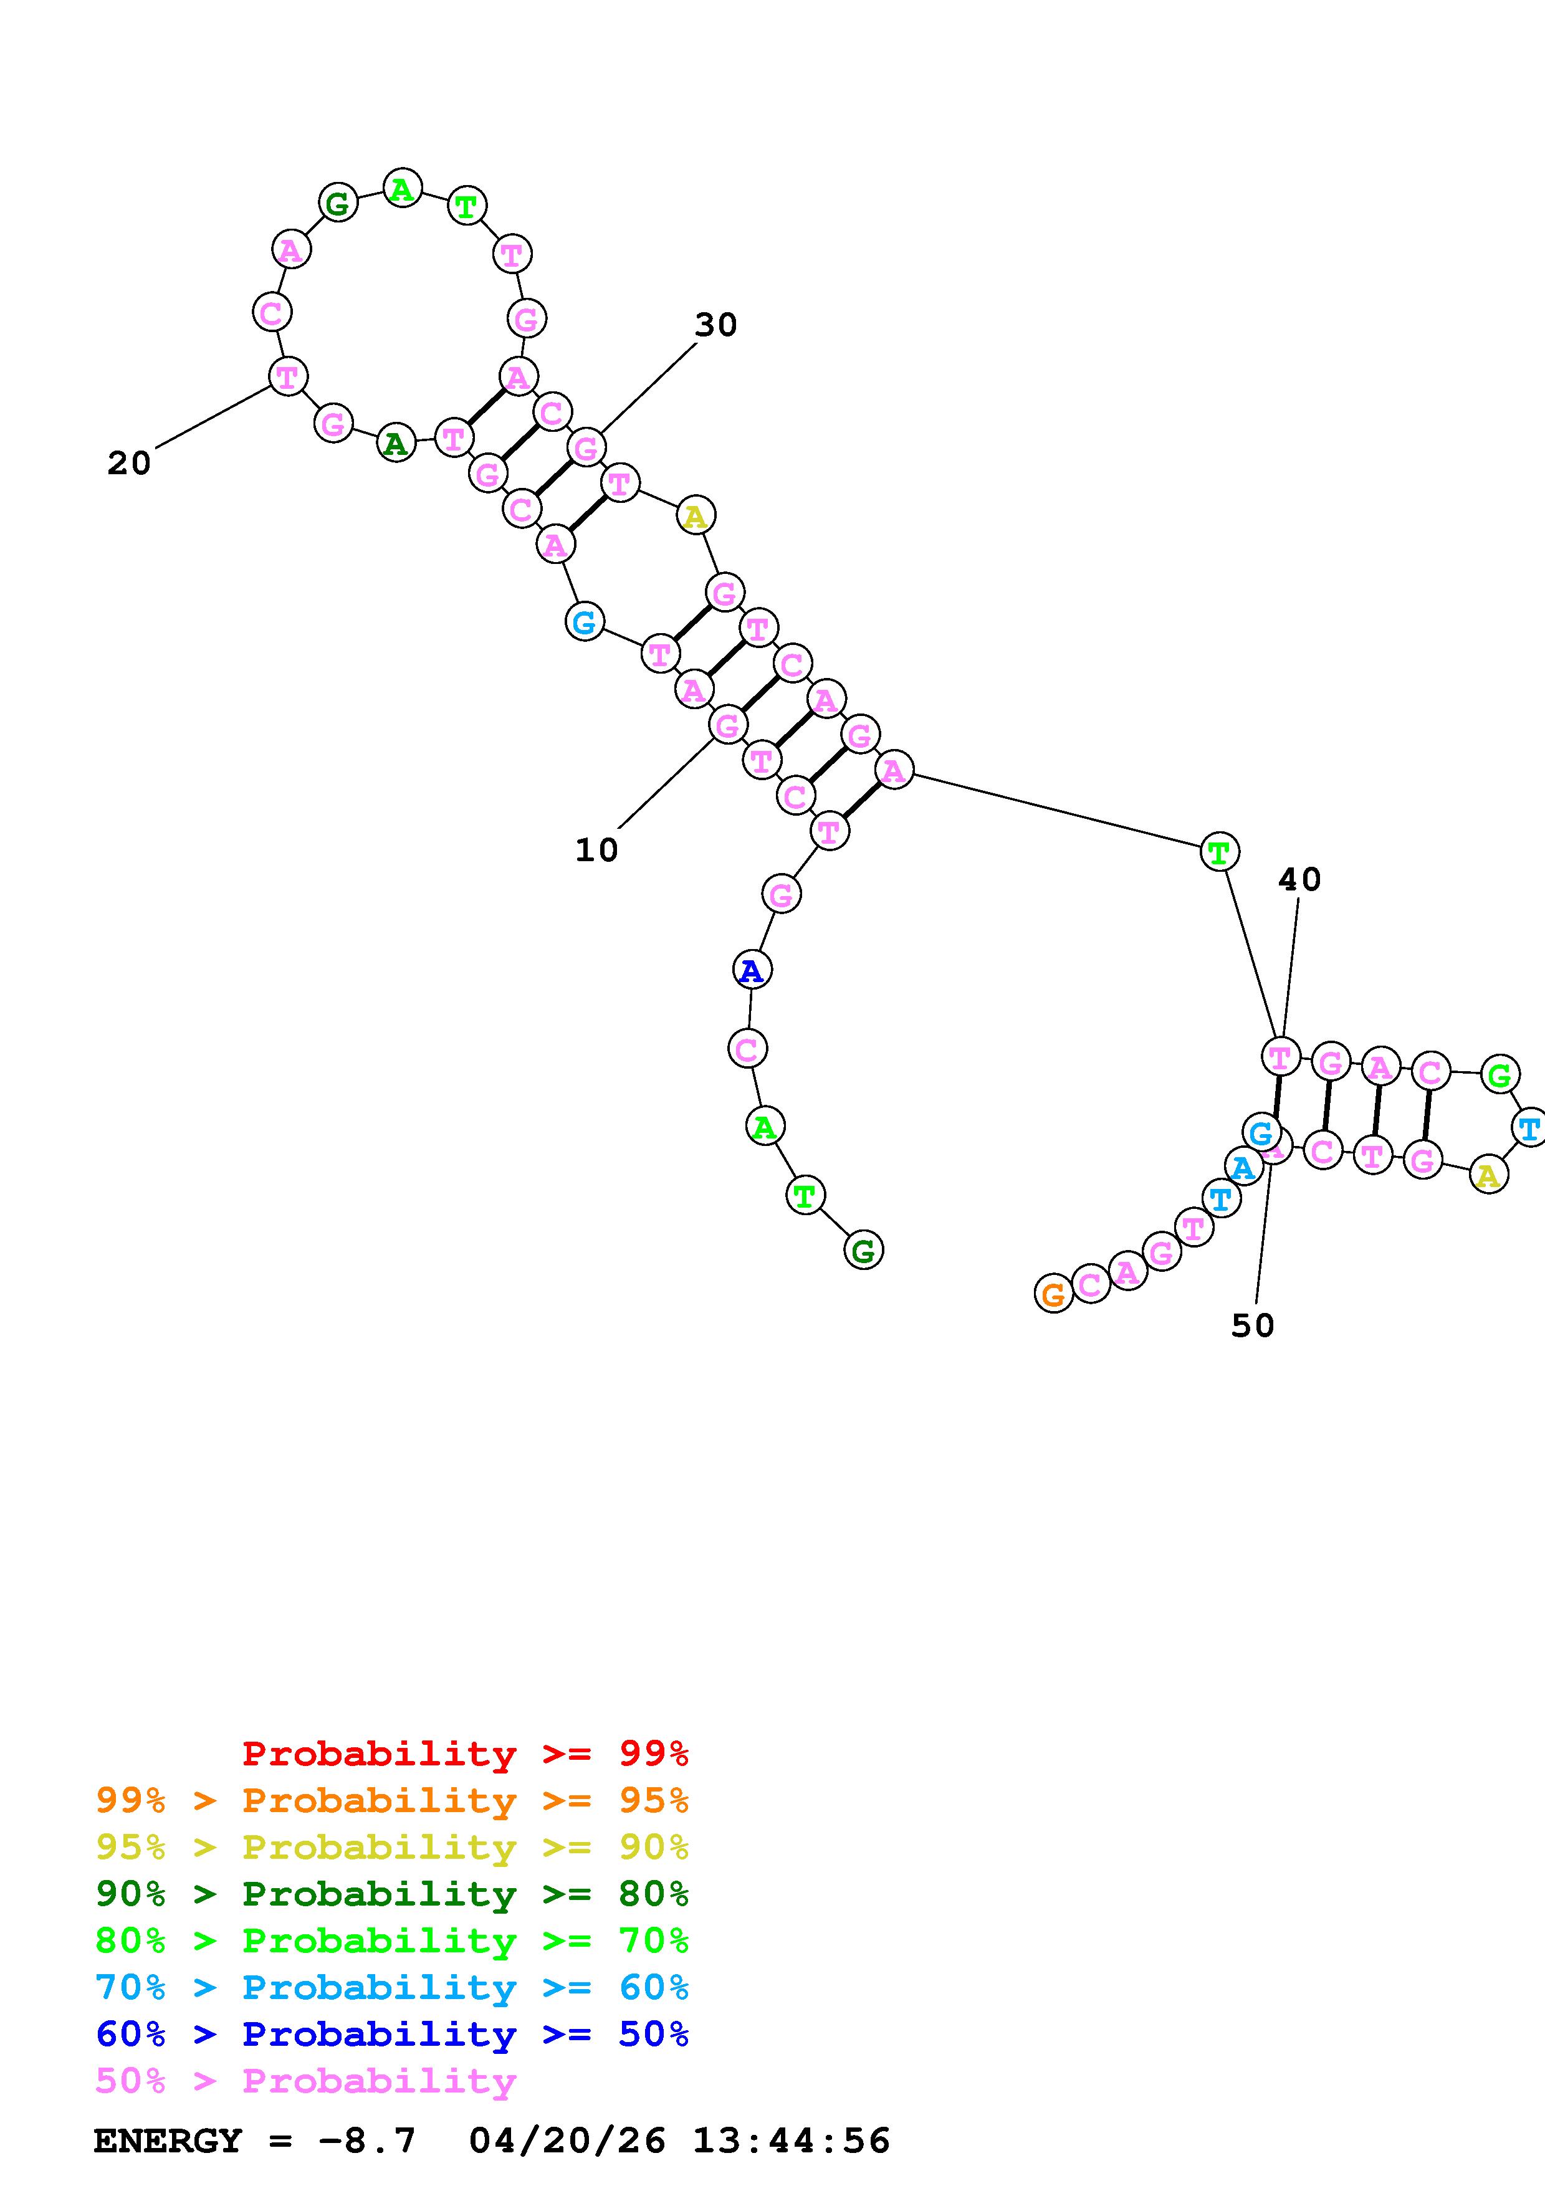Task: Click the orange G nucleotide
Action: [x=1053, y=1294]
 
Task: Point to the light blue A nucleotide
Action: [x=1242, y=1167]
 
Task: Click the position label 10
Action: [x=597, y=850]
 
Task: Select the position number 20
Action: [x=128, y=464]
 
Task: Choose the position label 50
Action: [x=1253, y=1325]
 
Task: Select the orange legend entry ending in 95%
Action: [x=392, y=1800]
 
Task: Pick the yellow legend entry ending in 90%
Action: [x=392, y=1847]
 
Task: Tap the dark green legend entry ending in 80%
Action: [x=392, y=1894]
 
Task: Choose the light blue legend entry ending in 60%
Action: [x=392, y=1987]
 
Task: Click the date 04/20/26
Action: [x=567, y=2141]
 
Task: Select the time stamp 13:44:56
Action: [x=791, y=2141]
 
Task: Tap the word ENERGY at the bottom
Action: [x=168, y=2141]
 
